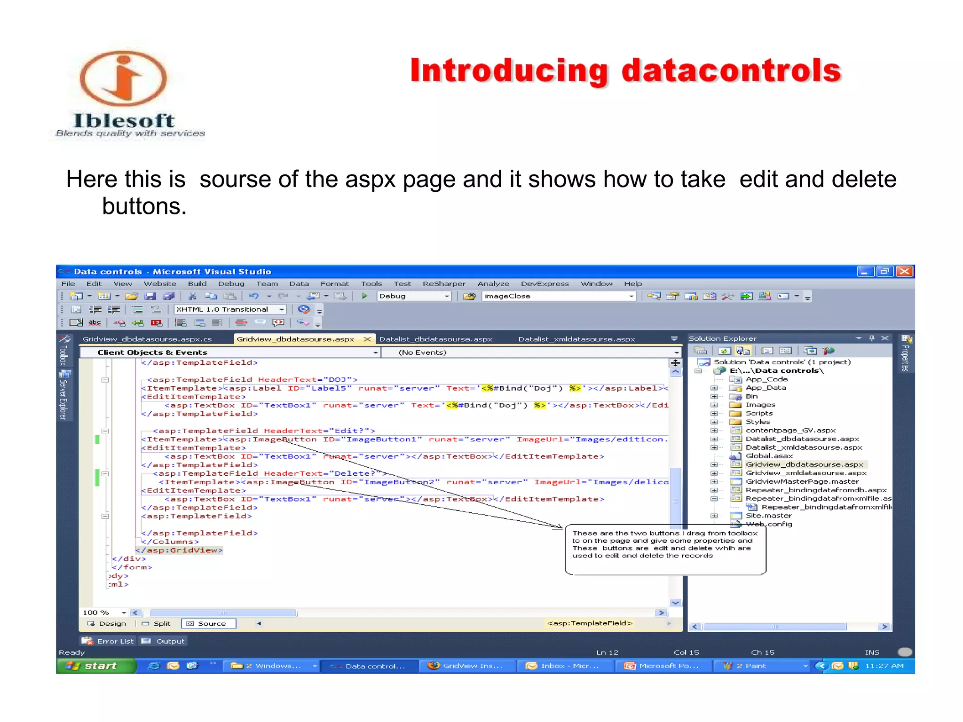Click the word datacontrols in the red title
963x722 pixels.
click(x=731, y=71)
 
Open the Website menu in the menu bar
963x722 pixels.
click(x=160, y=284)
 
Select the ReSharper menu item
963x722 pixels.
click(x=444, y=284)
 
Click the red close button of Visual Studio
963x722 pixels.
click(x=905, y=271)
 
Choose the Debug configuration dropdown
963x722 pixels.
click(x=414, y=296)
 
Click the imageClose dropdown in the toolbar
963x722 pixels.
click(x=559, y=296)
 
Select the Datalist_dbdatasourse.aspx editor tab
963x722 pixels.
click(x=436, y=339)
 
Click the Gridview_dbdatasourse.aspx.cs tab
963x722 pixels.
click(x=147, y=339)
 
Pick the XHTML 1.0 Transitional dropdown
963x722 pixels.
click(x=230, y=309)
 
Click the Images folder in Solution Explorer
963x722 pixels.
click(x=760, y=405)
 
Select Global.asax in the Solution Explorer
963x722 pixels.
click(x=769, y=456)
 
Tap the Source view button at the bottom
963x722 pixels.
click(x=209, y=624)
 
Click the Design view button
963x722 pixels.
click(x=107, y=624)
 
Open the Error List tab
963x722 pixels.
click(x=109, y=641)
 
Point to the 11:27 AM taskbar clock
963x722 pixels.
click(x=884, y=666)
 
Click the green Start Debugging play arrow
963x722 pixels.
click(x=364, y=296)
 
